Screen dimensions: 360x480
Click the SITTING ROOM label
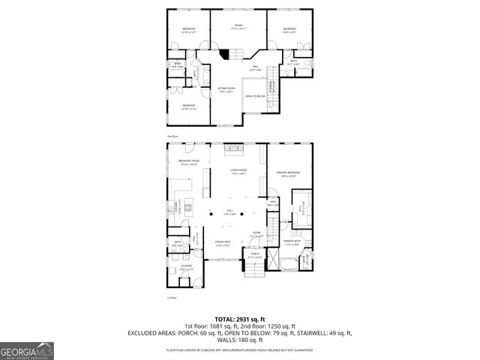coord(226,89)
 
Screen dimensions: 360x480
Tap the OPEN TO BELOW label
coord(255,96)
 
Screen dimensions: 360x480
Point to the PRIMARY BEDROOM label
coord(289,173)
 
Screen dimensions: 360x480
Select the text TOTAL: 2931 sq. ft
coord(239,319)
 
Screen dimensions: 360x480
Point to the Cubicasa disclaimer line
coord(239,349)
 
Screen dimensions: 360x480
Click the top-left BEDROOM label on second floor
coord(188,29)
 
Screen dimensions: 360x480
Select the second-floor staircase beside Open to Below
coord(274,94)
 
